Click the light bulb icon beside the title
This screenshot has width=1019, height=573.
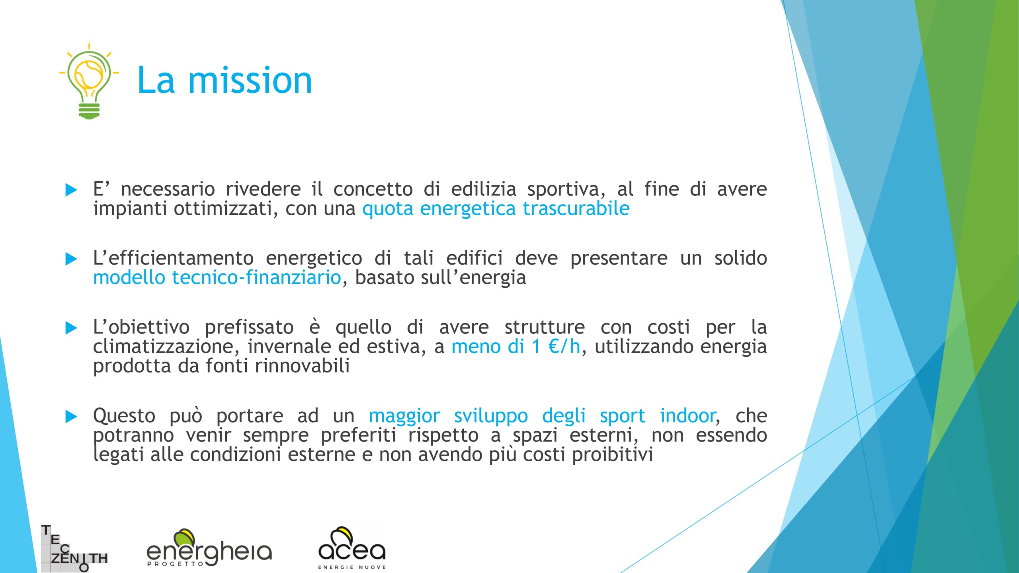89,81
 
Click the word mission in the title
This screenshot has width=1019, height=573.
250,80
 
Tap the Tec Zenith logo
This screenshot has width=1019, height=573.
74,549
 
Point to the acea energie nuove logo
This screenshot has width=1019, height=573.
352,548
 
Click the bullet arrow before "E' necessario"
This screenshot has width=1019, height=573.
71,190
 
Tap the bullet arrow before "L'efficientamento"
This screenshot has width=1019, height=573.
71,259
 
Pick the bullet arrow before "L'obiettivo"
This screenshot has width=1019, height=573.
71,328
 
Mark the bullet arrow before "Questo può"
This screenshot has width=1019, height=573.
71,417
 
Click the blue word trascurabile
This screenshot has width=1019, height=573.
576,209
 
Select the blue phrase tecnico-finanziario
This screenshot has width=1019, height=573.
256,277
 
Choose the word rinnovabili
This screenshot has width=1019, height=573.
302,366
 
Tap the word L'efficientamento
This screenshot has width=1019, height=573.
173,258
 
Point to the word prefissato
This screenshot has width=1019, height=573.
249,327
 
